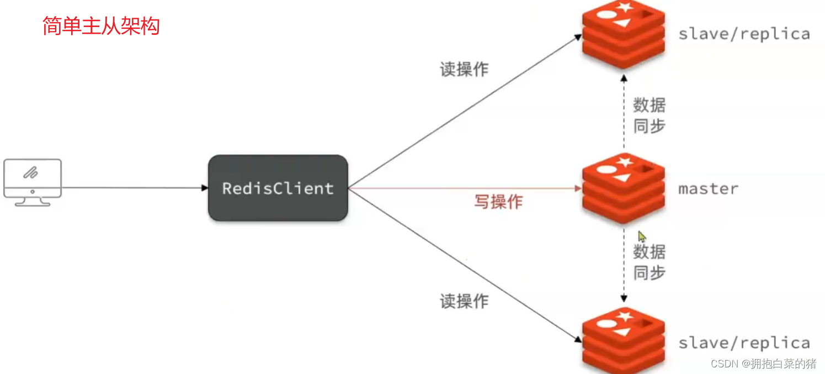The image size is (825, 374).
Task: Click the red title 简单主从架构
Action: click(x=101, y=26)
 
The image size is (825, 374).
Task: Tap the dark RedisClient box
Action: click(x=278, y=188)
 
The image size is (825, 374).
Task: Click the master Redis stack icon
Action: click(x=624, y=188)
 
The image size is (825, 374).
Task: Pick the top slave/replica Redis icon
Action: click(x=624, y=34)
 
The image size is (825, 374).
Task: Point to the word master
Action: click(x=708, y=189)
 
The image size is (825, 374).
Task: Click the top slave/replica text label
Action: click(x=744, y=34)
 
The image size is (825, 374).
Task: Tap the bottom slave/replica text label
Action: click(x=744, y=343)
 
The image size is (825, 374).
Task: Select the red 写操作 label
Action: click(x=498, y=202)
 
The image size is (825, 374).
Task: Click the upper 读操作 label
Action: click(x=464, y=69)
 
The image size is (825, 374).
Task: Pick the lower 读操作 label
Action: click(x=464, y=301)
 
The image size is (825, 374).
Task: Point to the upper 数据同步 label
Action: click(x=649, y=115)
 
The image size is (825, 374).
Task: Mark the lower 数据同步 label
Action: click(x=649, y=262)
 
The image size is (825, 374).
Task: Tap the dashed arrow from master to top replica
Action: click(x=624, y=110)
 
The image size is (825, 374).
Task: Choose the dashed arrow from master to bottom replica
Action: click(x=624, y=265)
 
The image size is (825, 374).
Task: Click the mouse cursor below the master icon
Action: click(x=642, y=237)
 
